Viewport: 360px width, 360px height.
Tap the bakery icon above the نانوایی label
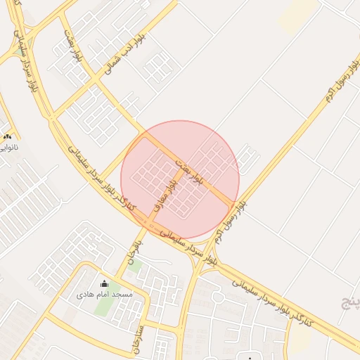(x=7, y=136)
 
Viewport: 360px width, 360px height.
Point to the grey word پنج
(x=349, y=304)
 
